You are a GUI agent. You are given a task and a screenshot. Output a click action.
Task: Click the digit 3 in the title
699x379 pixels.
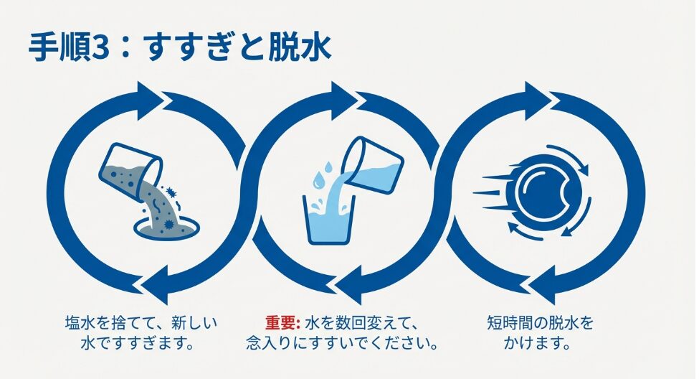tap(100, 47)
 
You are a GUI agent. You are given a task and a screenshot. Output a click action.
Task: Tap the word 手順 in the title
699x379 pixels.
tap(59, 47)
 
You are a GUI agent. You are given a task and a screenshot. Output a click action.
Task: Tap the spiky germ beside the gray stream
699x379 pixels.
tap(171, 192)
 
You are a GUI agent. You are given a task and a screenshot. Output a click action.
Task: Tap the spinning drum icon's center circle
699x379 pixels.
tap(545, 192)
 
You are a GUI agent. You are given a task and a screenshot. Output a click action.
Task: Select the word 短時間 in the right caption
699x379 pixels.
tap(510, 322)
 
